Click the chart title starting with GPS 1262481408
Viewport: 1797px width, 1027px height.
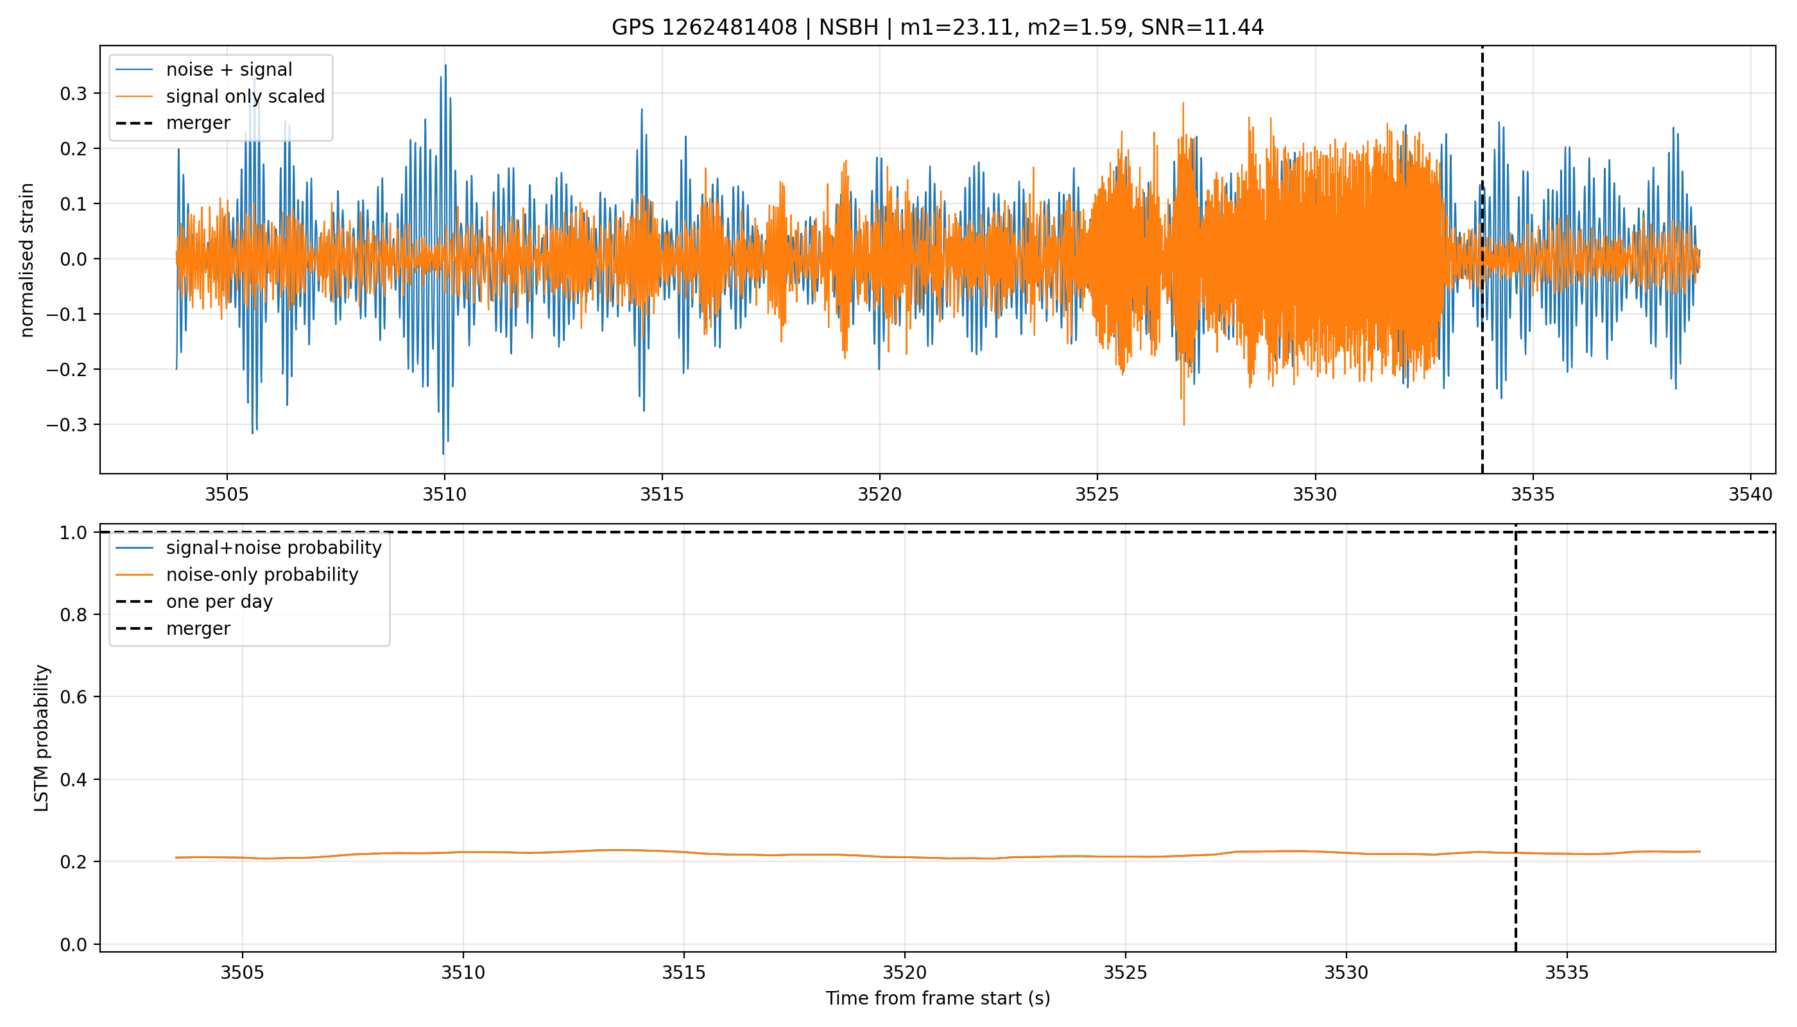point(937,28)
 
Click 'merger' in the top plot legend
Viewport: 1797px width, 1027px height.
point(198,123)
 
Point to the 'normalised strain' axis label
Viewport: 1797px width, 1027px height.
point(27,260)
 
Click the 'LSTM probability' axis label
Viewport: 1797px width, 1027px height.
point(42,738)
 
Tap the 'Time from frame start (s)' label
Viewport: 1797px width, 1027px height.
point(937,998)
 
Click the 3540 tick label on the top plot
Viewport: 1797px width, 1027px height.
point(1750,494)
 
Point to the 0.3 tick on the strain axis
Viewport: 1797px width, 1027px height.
point(73,94)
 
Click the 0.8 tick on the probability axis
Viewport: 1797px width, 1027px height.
point(73,615)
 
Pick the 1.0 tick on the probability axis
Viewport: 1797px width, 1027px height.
point(73,533)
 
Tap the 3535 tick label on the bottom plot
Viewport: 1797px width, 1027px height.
point(1567,972)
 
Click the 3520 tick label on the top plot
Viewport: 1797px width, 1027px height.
point(879,494)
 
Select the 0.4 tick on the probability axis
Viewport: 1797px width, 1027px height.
point(73,780)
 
